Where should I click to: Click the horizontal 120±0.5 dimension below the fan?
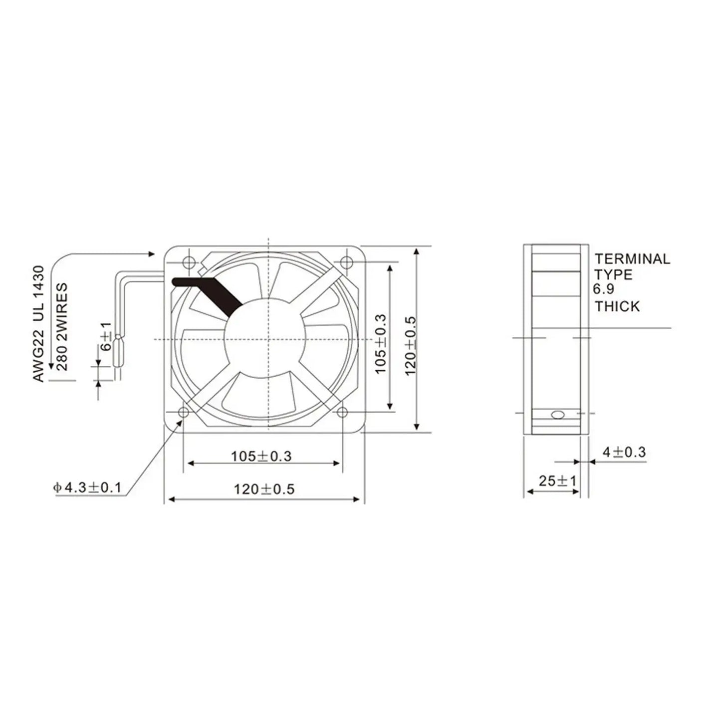click(x=264, y=489)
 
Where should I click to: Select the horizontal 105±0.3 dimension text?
click(x=261, y=456)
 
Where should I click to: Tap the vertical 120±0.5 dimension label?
click(x=410, y=345)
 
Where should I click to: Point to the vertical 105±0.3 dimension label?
click(x=381, y=344)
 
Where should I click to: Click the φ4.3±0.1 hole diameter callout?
click(x=87, y=487)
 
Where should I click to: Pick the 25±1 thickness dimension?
click(x=557, y=481)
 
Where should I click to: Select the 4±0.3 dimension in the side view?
click(x=624, y=453)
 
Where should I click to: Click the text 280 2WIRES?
click(x=62, y=327)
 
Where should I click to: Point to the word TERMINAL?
click(x=632, y=258)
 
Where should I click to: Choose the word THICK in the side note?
click(x=617, y=306)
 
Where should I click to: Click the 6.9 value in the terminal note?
click(x=603, y=289)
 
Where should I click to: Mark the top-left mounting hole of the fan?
click(x=189, y=261)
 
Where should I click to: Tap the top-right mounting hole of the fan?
click(x=345, y=261)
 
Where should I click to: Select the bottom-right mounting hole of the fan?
click(x=342, y=412)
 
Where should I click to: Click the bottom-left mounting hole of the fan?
click(x=184, y=412)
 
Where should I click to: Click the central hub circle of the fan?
click(x=264, y=339)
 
